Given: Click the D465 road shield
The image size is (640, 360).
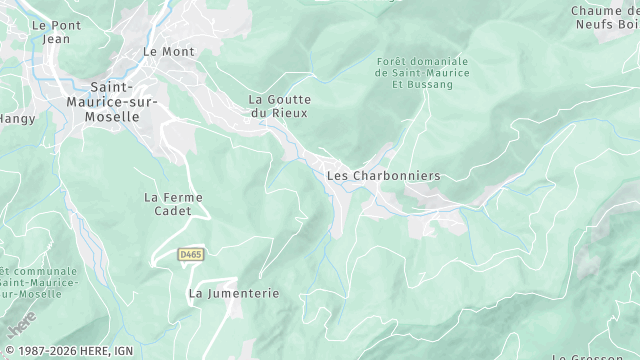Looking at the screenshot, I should click(x=191, y=255).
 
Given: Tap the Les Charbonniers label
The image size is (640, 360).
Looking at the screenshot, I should click(x=383, y=175).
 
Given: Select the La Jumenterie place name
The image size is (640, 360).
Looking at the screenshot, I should click(x=233, y=293).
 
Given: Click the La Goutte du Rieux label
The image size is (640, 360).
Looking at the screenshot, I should click(x=280, y=106).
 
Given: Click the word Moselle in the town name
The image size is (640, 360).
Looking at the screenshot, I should click(x=115, y=116).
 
